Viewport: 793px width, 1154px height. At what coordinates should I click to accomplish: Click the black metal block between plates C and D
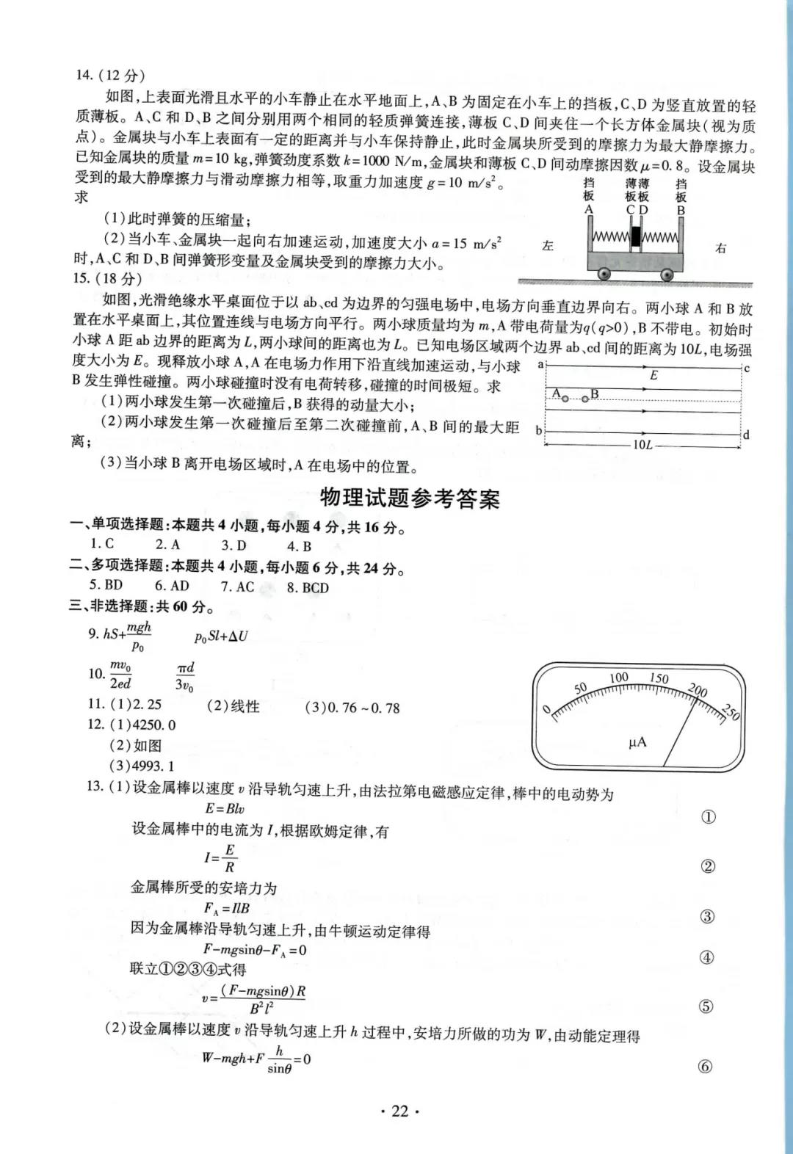coord(636,238)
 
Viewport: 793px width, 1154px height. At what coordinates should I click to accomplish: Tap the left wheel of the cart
coord(604,274)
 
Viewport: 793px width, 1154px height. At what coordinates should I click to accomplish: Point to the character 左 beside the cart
coord(548,246)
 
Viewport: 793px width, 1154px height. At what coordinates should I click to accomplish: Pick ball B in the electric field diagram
coord(585,399)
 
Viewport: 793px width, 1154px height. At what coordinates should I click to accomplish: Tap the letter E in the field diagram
coord(653,375)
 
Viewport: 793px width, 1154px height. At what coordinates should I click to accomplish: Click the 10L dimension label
coord(642,445)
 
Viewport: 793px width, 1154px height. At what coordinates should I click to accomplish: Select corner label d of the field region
coord(746,435)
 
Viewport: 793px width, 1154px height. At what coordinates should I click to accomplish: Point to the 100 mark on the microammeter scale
coord(619,678)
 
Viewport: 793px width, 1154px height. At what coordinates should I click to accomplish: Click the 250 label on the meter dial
coord(731,712)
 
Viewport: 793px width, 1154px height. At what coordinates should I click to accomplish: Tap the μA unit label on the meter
coord(637,742)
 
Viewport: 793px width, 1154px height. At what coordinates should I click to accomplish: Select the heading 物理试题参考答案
coord(410,498)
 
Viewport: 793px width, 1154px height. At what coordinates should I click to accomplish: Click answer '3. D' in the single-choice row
coord(233,545)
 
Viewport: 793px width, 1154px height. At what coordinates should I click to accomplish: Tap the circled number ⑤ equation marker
coord(706,1006)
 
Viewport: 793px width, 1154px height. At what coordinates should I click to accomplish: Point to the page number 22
coord(399,1111)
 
